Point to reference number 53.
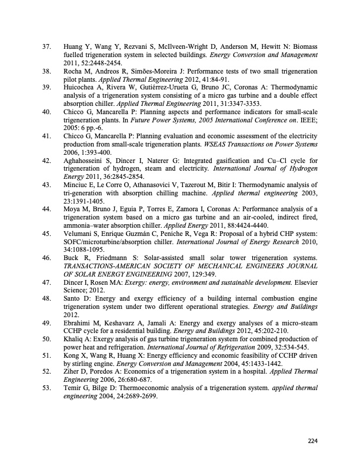coord(48,388)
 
